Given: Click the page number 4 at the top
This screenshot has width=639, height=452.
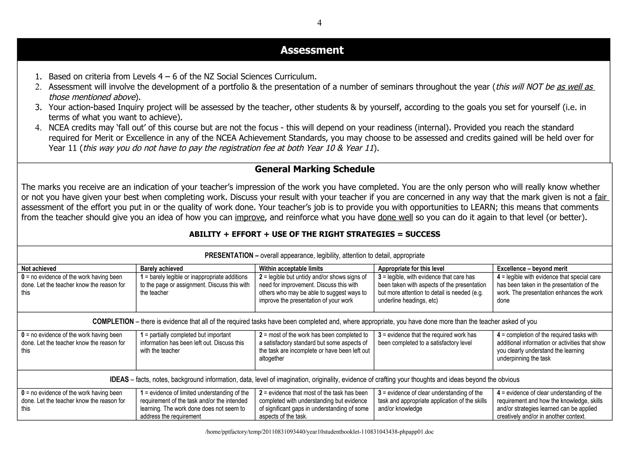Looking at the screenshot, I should (x=319, y=23).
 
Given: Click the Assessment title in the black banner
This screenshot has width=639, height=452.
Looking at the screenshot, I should (x=312, y=50).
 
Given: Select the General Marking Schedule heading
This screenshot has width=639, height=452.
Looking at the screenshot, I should (x=315, y=169).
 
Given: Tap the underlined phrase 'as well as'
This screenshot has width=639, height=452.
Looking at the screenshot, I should (x=575, y=87).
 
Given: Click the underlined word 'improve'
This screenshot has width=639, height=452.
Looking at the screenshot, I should (x=250, y=217).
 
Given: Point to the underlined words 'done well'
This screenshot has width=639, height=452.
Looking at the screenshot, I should (x=395, y=217).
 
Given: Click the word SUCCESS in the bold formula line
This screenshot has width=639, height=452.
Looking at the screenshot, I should (x=422, y=234).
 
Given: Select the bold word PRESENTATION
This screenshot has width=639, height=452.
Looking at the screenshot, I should (x=229, y=256).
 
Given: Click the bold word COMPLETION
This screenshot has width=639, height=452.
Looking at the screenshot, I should (x=113, y=321).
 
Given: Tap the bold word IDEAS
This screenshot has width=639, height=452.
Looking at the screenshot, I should (x=119, y=380).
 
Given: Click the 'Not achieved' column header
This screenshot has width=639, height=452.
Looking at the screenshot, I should (x=39, y=269).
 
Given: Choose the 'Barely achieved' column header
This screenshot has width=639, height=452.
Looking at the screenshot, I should (x=161, y=269).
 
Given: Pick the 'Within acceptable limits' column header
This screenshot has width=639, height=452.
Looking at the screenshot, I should (x=291, y=269).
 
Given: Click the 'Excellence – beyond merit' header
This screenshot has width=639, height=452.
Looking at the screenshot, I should (x=532, y=269).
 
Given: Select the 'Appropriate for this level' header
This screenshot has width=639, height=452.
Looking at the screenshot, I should (x=411, y=269).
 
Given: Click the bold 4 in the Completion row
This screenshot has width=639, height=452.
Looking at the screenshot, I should (x=499, y=335).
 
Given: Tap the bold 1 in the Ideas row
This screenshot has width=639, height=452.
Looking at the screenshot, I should (x=142, y=393).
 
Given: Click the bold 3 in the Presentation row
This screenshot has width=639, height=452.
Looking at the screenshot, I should (x=380, y=277).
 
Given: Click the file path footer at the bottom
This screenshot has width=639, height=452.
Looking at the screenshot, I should (x=319, y=432).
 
